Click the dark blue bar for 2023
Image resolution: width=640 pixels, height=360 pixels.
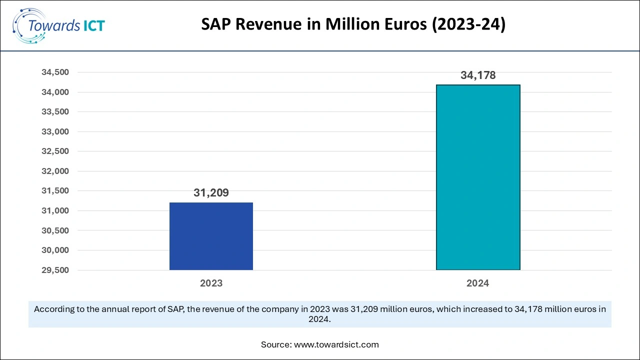point(211,236)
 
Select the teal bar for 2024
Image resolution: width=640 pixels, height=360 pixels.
point(478,177)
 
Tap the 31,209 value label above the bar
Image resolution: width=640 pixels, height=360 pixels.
point(211,192)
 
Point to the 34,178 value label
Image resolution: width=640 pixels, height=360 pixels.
point(478,75)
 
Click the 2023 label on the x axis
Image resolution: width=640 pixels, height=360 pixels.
point(211,283)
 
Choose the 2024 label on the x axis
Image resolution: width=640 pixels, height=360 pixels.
point(477,283)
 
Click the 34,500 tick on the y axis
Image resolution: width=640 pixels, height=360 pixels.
point(55,72)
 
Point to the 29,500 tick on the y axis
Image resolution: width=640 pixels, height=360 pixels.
point(55,270)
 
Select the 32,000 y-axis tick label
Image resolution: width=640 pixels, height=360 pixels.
point(55,171)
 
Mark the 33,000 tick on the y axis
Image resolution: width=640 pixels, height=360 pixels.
point(55,131)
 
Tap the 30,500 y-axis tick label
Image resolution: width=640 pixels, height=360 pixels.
point(55,230)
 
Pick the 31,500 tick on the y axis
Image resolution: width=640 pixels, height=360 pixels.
point(55,191)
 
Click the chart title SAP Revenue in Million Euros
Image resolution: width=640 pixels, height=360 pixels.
point(353,25)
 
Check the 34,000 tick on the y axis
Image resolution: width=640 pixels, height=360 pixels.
point(55,92)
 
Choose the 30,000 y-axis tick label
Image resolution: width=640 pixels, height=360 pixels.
point(55,250)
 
